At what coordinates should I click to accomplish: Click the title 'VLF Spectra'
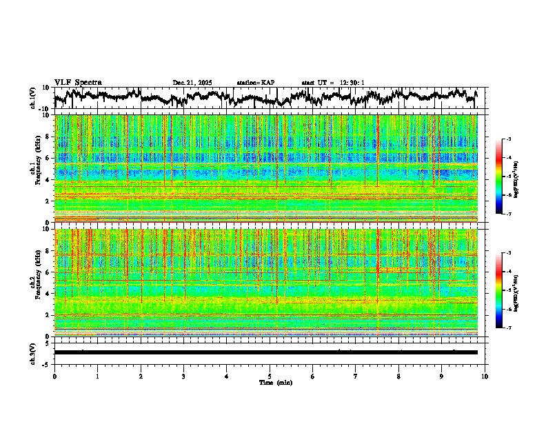point(78,82)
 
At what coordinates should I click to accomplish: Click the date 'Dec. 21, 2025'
point(192,83)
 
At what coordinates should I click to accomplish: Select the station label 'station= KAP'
point(255,83)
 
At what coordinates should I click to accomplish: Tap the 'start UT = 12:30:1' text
point(333,83)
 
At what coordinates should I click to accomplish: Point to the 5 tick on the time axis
point(270,376)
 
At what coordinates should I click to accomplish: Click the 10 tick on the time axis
point(485,376)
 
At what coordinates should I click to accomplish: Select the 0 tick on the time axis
point(54,376)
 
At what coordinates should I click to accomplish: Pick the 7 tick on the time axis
point(356,376)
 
